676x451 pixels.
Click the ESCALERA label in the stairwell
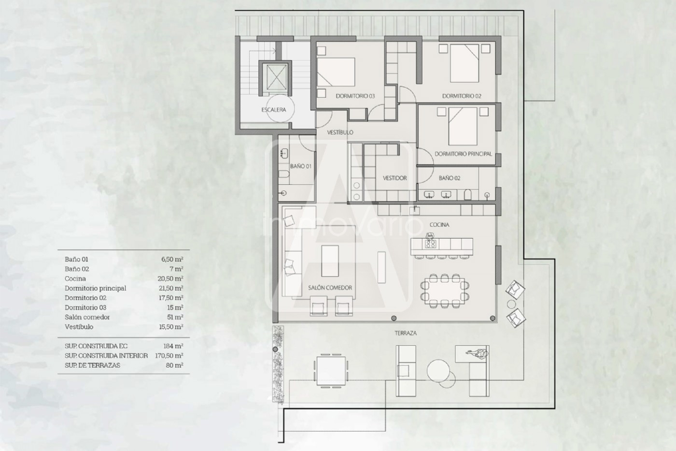coord(274,110)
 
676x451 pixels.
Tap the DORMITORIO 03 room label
coord(355,96)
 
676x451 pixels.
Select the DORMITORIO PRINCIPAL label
coord(463,154)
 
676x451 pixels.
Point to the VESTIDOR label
coord(395,178)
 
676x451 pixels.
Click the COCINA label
coord(439,225)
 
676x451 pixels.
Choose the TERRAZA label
coord(406,333)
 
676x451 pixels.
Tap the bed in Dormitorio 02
coord(465,63)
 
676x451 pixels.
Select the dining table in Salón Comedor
coord(444,291)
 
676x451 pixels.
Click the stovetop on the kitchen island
coord(430,244)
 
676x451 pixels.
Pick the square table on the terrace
coord(331,371)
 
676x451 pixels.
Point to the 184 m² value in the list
coord(173,346)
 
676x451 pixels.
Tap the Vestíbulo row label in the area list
coord(79,327)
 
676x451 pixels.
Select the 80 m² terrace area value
coord(174,365)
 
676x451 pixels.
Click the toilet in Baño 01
coord(284,175)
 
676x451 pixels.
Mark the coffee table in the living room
coord(330,261)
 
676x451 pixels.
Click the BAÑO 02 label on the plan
coord(450,178)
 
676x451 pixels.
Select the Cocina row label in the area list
coord(75,278)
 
